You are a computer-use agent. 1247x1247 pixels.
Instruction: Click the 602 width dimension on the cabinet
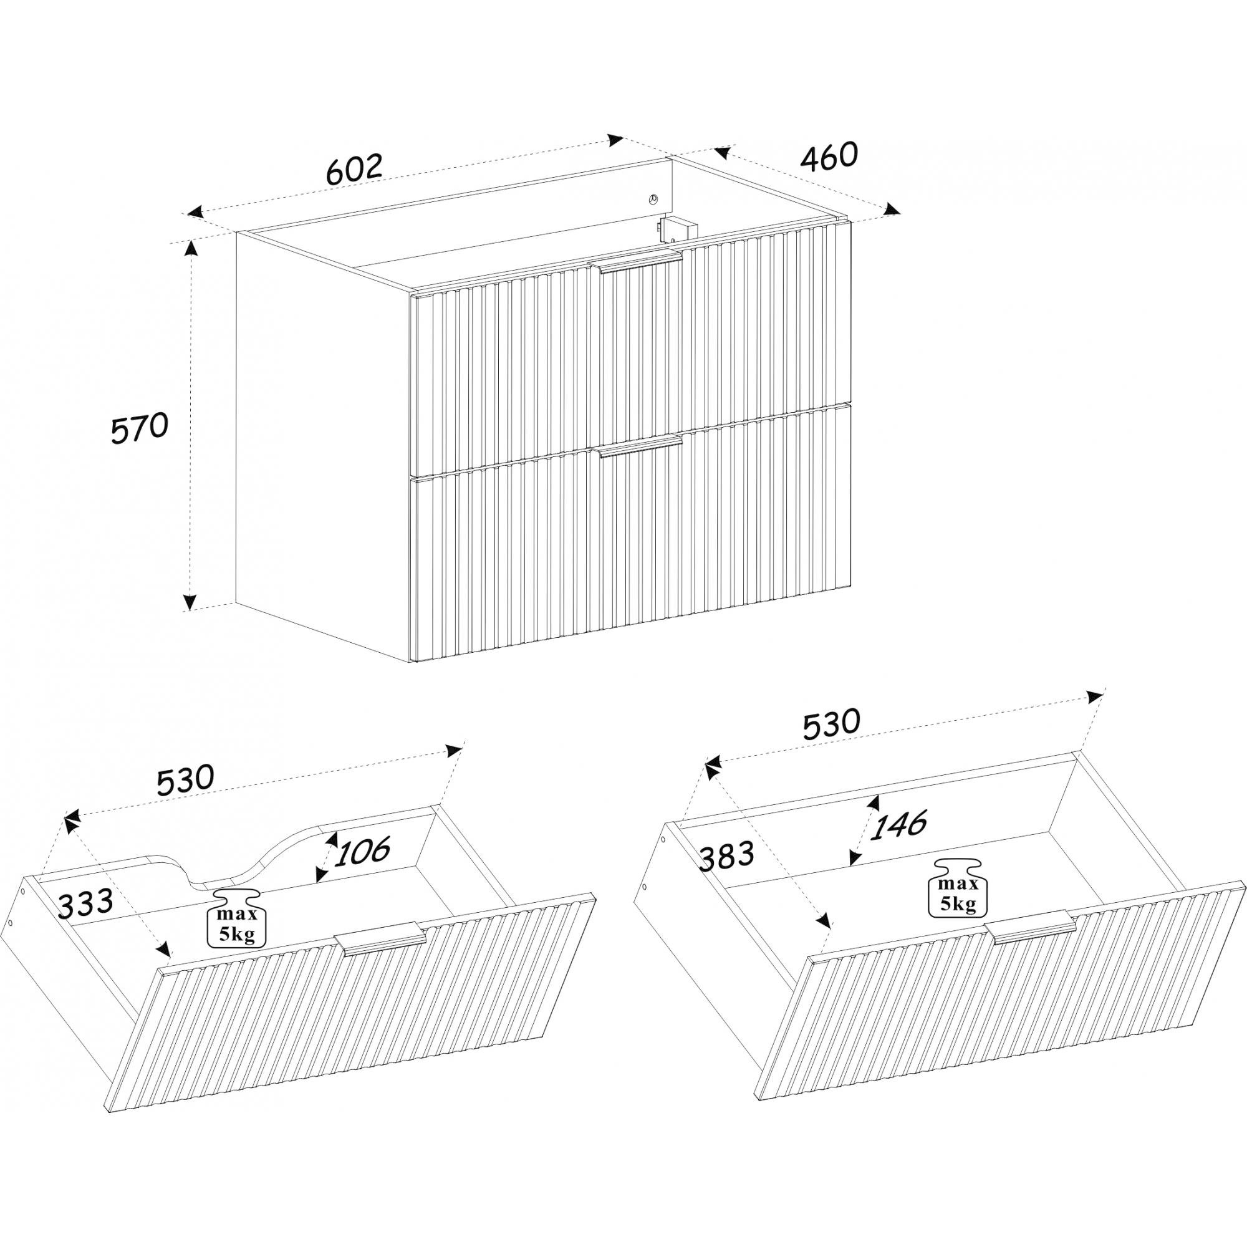[355, 169]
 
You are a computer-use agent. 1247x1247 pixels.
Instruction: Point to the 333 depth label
[86, 903]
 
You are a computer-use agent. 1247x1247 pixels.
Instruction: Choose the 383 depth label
[726, 856]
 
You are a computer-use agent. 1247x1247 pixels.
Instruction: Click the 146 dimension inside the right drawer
[898, 824]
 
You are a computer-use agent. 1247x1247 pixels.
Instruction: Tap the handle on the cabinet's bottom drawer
[640, 446]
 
